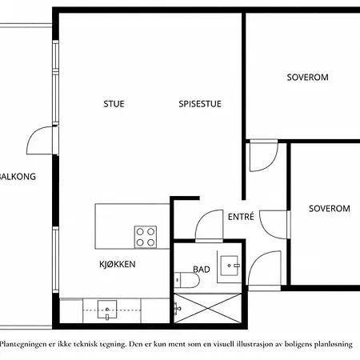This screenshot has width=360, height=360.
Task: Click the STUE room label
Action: pos(114,104)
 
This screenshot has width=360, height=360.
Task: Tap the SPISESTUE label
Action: pos(200,104)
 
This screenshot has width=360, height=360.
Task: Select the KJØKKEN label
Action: pos(118,264)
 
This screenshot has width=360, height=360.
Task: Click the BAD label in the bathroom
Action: pos(202,270)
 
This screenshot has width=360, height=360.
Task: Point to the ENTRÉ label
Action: pos(241,217)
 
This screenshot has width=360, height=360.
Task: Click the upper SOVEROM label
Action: pos(307,78)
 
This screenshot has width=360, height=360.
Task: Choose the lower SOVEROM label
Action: pos(330,209)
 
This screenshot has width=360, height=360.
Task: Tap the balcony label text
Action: pos(18,177)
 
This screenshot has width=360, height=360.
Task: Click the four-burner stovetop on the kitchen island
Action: pos(146,237)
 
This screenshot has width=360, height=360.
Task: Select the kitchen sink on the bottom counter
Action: pos(107,310)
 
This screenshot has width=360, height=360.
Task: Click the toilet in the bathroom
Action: pos(186,280)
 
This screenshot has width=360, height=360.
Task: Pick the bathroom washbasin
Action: pos(230,266)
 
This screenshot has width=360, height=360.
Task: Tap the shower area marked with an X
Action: pos(207,308)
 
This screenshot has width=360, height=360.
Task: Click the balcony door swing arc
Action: pos(34,134)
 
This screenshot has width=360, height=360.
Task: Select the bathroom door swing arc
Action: pos(203,217)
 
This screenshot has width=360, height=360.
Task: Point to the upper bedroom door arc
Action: pos(271,163)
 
